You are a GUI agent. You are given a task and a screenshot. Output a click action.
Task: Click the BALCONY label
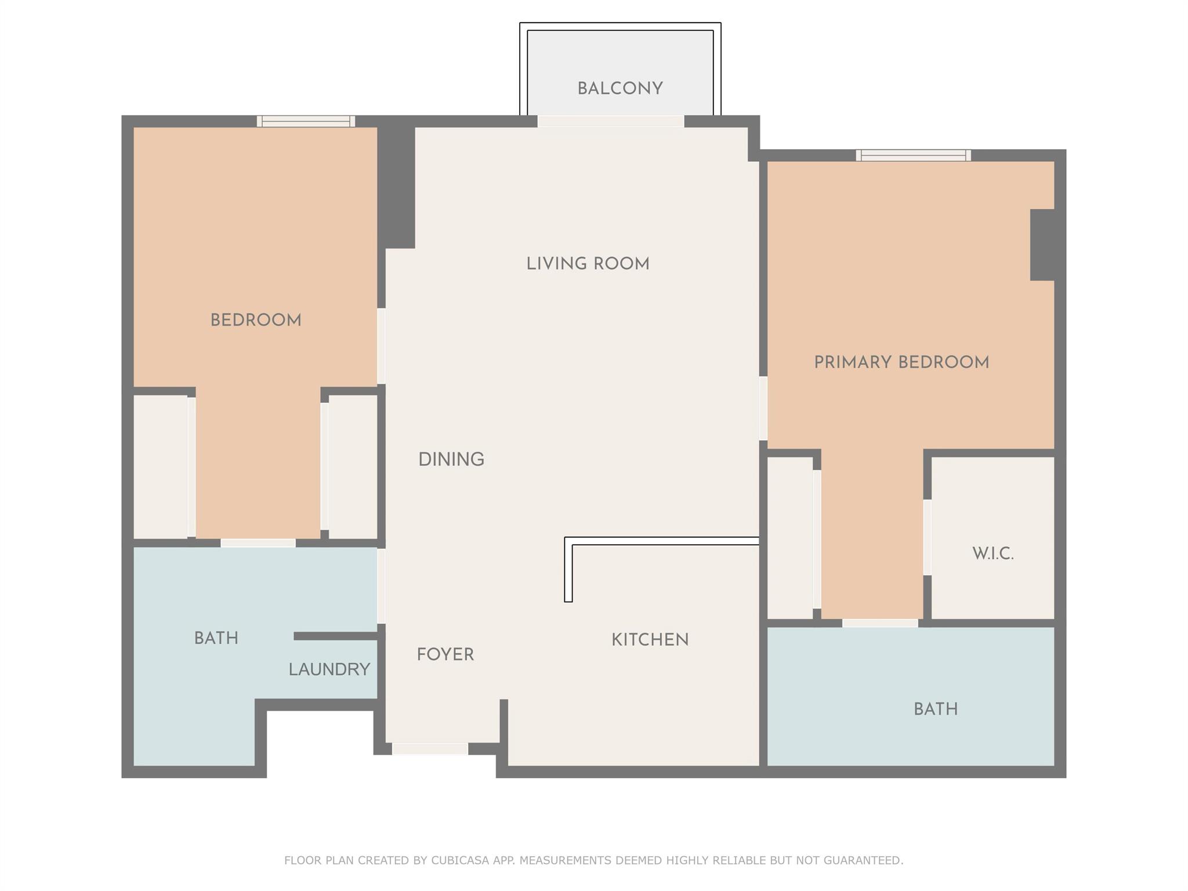click(x=620, y=89)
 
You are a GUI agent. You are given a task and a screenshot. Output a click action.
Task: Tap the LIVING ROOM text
click(x=588, y=264)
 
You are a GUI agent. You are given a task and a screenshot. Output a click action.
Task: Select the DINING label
click(x=451, y=459)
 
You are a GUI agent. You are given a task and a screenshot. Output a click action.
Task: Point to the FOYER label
click(x=445, y=654)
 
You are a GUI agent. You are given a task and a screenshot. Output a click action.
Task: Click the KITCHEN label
click(x=650, y=640)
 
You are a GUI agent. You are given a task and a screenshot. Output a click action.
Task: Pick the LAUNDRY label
click(x=329, y=669)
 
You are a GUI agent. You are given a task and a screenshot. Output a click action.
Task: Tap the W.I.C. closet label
click(x=993, y=554)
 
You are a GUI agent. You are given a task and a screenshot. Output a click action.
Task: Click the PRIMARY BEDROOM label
click(x=901, y=363)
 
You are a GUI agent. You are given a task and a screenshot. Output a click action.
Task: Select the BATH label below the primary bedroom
click(x=936, y=709)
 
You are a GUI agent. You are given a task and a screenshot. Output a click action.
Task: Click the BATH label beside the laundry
click(x=216, y=638)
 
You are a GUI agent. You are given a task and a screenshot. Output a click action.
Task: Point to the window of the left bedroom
click(x=306, y=121)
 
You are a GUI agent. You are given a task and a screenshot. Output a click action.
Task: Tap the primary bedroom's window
click(x=914, y=155)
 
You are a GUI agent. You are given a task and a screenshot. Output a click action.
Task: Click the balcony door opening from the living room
click(x=611, y=121)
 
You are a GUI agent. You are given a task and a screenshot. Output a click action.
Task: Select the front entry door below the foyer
click(x=430, y=749)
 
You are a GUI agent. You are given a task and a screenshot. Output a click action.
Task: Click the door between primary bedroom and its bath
click(x=880, y=623)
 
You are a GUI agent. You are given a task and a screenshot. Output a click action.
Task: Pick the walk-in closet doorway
click(x=927, y=537)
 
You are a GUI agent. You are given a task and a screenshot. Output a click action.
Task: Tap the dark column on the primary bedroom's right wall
click(x=1042, y=245)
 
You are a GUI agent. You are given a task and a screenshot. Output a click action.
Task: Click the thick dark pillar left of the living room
click(x=396, y=187)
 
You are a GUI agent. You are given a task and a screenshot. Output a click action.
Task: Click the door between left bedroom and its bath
click(x=258, y=543)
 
